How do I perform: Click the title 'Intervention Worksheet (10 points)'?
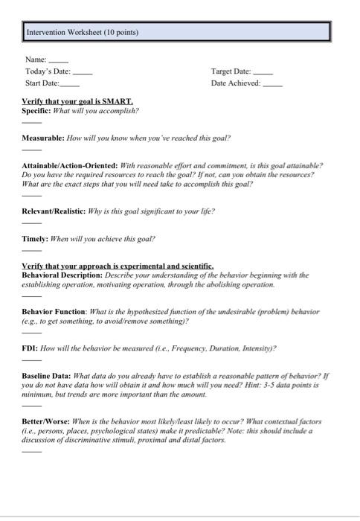click(x=82, y=33)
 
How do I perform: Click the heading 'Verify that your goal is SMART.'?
click(x=77, y=100)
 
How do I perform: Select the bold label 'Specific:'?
click(x=36, y=110)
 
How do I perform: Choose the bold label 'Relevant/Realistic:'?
click(x=53, y=211)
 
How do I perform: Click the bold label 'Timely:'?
click(x=34, y=239)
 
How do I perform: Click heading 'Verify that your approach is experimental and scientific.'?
click(x=118, y=266)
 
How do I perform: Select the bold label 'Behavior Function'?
click(x=54, y=312)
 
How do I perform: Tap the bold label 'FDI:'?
click(x=30, y=348)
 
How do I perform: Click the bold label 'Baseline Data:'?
click(x=46, y=377)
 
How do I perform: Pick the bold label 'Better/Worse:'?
click(x=46, y=421)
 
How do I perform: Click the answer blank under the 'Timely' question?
click(x=31, y=250)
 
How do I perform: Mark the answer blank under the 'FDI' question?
click(x=31, y=359)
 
